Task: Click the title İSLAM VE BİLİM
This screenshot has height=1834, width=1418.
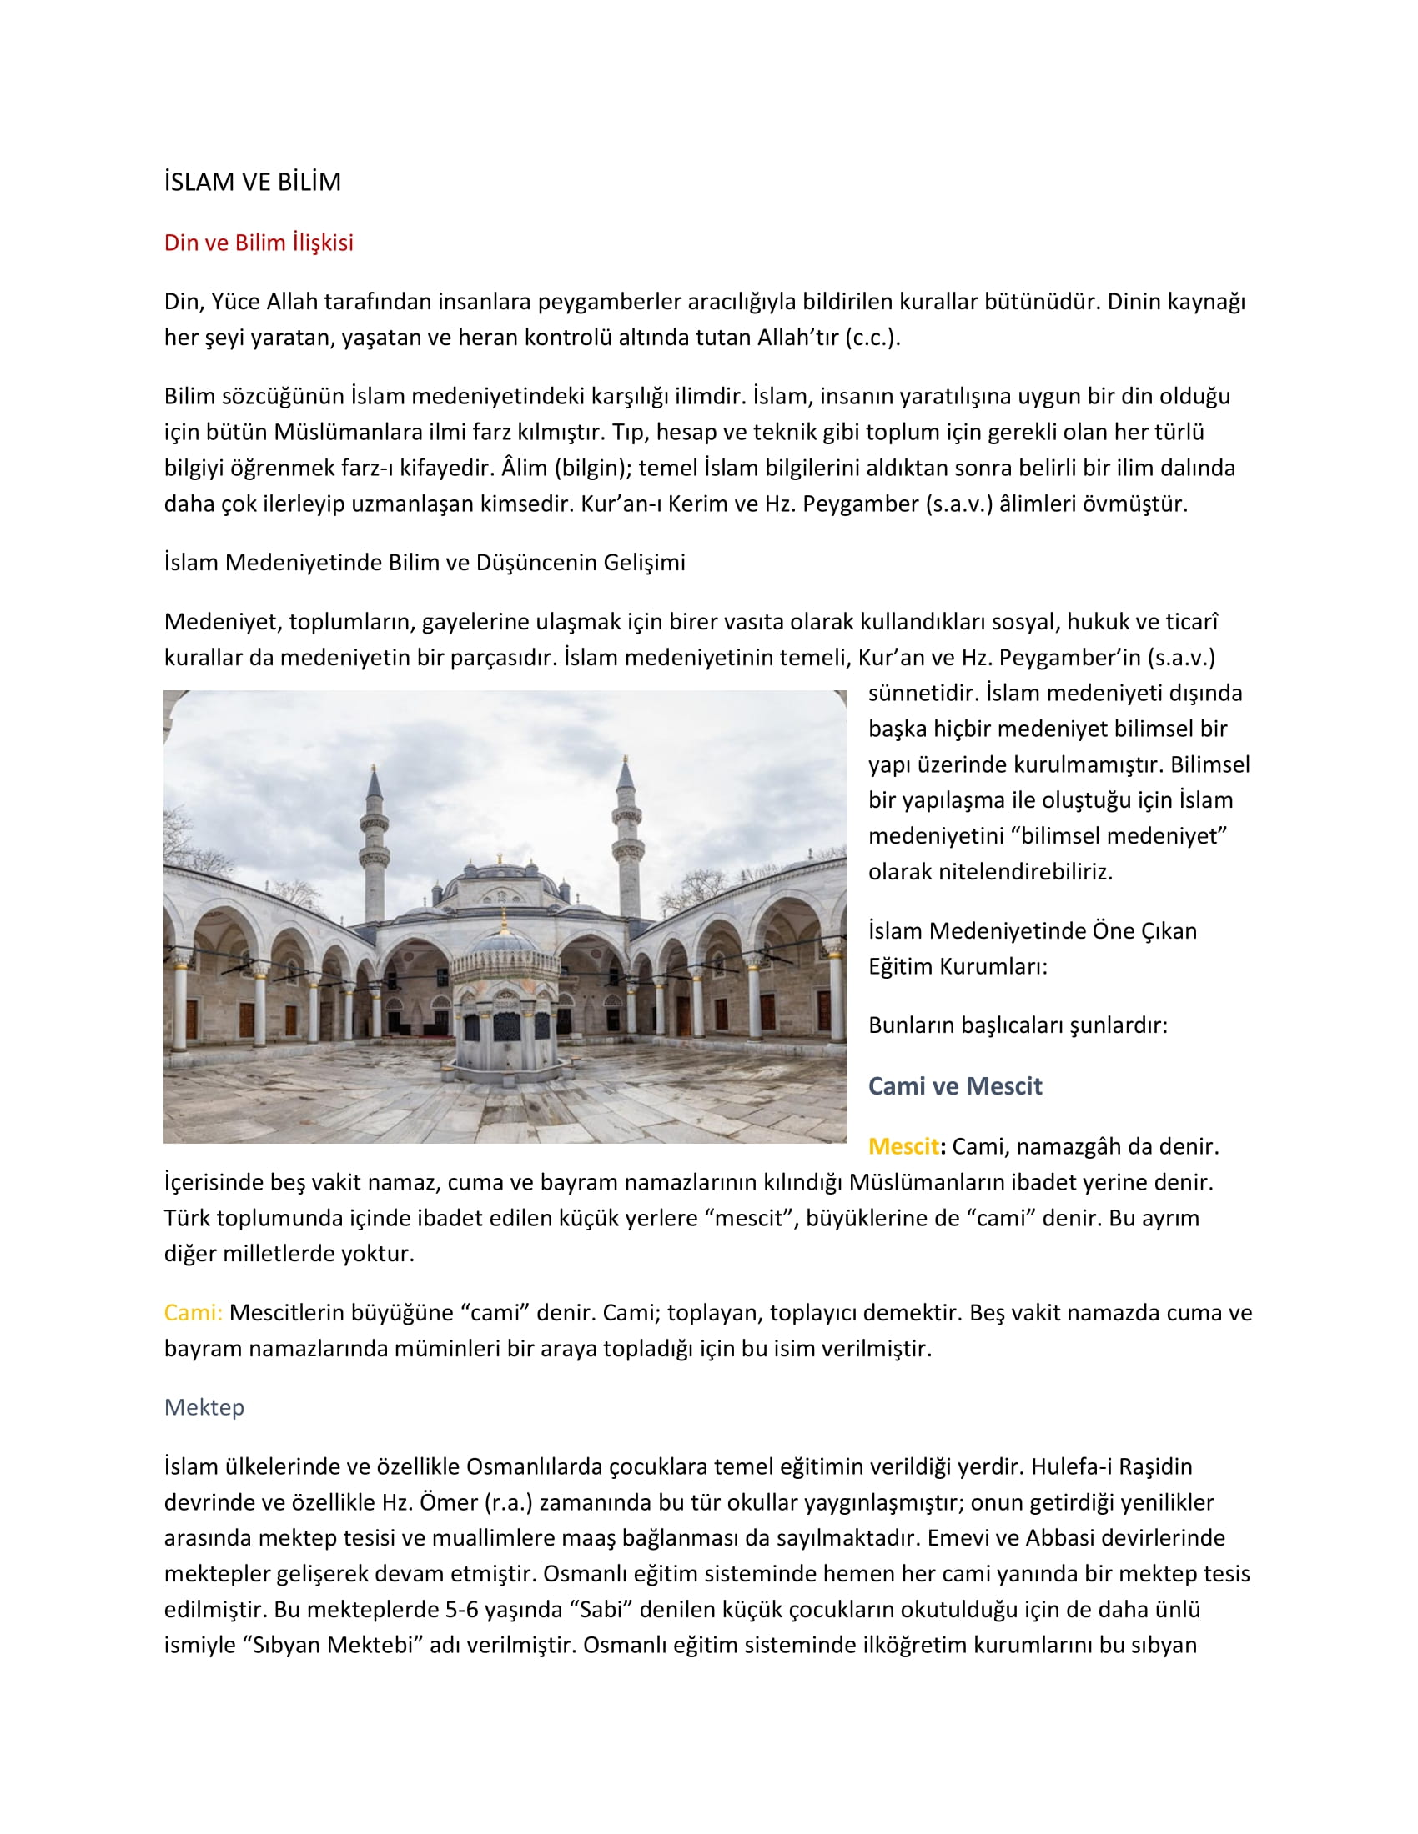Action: click(252, 183)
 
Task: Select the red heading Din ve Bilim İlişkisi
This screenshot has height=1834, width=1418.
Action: click(259, 243)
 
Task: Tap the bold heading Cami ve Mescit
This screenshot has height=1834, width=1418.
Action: click(954, 1085)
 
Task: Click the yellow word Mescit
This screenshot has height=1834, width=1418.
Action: click(903, 1146)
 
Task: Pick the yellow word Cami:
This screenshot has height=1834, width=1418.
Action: click(194, 1312)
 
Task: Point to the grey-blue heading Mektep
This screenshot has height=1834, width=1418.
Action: click(204, 1407)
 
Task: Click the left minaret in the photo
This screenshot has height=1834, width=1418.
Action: click(374, 848)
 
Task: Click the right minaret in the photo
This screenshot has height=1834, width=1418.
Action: click(626, 839)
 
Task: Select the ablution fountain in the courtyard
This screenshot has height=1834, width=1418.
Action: click(504, 1000)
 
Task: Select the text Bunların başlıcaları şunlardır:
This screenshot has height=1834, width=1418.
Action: click(1018, 1025)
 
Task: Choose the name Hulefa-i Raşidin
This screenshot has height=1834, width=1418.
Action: click(1111, 1466)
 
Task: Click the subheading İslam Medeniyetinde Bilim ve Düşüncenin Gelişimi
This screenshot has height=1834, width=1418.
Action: click(425, 563)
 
